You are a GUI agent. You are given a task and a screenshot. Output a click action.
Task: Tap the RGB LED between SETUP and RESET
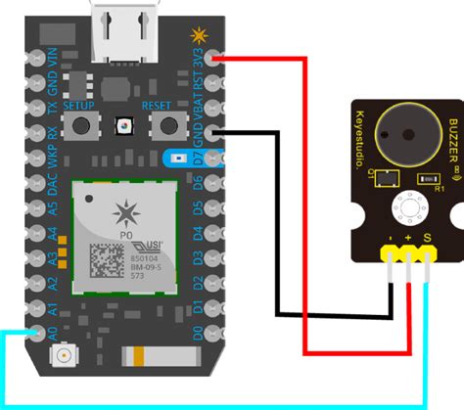124,126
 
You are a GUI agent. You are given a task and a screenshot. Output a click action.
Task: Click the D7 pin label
200,156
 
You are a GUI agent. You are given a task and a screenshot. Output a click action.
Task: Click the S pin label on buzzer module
427,237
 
